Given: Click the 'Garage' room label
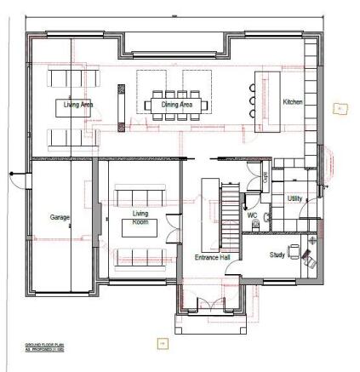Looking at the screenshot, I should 60,218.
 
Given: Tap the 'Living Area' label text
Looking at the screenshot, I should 75,105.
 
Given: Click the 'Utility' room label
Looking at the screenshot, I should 294,197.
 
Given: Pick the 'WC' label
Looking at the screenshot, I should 252,216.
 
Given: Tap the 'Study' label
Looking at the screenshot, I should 277,255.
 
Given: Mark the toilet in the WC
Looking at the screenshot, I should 266,218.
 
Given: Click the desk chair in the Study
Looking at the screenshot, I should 294,249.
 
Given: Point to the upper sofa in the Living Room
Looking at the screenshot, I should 136,186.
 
